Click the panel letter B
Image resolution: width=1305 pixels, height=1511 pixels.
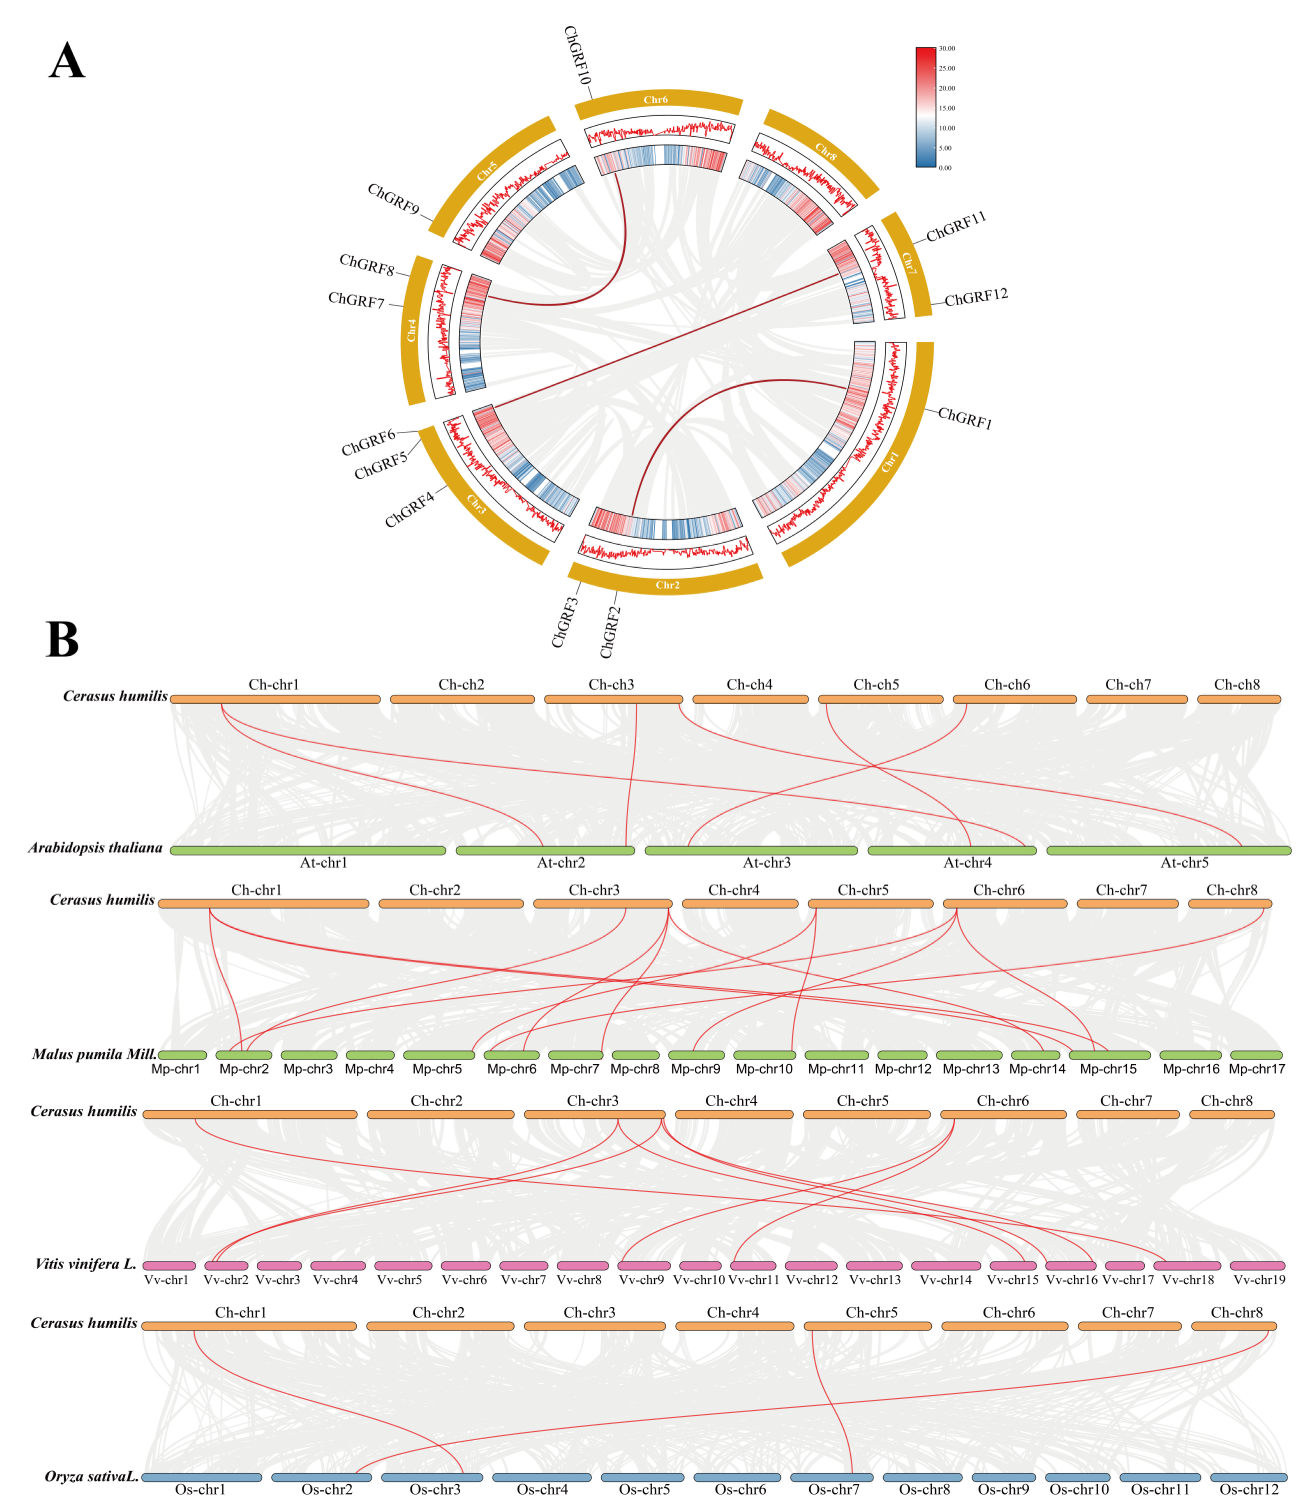point(62,639)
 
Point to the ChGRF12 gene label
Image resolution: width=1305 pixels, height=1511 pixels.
point(975,297)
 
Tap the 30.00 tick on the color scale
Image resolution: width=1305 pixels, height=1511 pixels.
point(946,48)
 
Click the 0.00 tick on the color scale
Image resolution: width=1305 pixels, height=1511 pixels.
point(945,168)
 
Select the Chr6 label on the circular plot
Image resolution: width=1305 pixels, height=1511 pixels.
point(655,99)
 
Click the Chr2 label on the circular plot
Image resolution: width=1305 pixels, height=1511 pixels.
point(667,585)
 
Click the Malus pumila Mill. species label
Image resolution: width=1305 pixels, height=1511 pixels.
point(94,1054)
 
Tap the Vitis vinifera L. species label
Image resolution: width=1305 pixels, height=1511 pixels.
point(85,1264)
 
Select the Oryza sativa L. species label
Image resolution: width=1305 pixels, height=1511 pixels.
point(91,1476)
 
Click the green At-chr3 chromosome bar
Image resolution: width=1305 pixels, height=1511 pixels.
point(751,850)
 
